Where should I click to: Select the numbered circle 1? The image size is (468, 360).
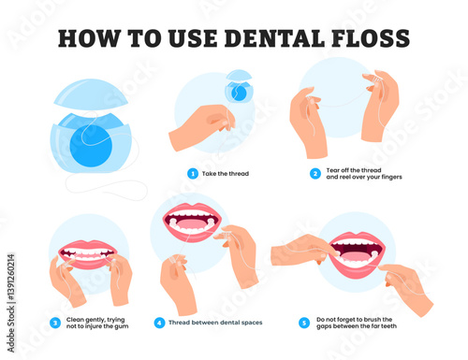click(193, 174)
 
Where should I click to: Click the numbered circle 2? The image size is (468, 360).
click(315, 174)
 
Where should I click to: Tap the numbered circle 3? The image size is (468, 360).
click(55, 323)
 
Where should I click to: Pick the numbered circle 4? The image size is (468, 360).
click(159, 323)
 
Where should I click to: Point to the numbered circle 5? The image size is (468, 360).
click(304, 323)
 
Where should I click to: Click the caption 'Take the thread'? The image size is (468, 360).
click(226, 174)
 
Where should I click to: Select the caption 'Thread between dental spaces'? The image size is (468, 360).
click(215, 323)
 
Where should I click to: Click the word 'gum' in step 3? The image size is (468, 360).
click(122, 326)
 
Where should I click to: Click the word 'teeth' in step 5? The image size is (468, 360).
click(388, 326)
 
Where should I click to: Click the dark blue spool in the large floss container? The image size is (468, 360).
click(91, 146)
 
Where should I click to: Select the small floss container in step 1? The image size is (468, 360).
click(239, 86)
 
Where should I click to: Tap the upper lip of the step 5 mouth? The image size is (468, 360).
click(358, 238)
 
